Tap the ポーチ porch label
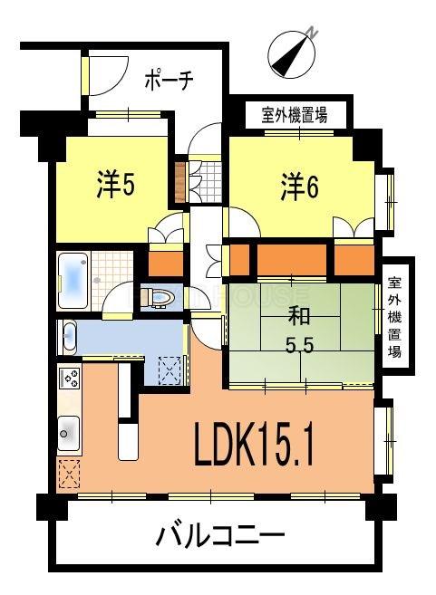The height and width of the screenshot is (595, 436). (169, 81)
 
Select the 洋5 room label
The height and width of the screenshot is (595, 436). (116, 185)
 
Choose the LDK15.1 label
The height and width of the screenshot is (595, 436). (254, 445)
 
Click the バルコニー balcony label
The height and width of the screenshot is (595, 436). (220, 536)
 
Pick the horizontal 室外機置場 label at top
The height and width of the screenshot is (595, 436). (294, 115)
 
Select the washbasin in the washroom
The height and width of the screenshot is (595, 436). (71, 338)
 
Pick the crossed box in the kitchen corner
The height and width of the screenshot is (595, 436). (69, 475)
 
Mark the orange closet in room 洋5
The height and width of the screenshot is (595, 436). (165, 263)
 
